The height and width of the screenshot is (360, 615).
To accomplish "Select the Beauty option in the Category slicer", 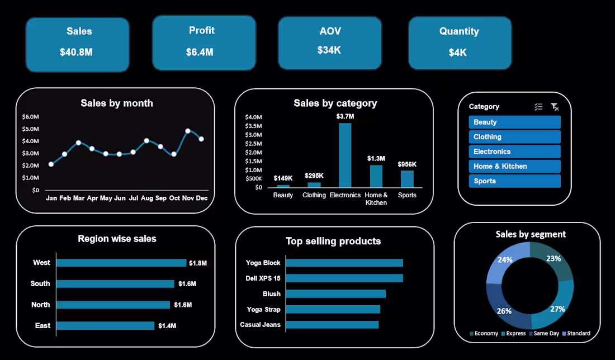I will point(514,122).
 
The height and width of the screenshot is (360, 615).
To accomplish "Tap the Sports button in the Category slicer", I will point(514,181).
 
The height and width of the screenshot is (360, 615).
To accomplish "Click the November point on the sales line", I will point(188,131).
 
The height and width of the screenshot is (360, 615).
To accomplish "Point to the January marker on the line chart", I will point(51,164).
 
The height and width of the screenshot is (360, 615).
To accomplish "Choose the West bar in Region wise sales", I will point(121,263).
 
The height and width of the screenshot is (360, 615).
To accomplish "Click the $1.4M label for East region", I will point(167,325).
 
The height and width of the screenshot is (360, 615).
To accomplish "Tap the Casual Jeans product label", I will point(261,325).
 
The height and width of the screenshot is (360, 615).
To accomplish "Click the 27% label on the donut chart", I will point(557,309).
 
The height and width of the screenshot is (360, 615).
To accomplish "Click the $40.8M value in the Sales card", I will point(77,53).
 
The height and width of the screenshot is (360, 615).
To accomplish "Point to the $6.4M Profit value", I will point(200,53).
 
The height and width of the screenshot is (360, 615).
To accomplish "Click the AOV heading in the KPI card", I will point(329,31).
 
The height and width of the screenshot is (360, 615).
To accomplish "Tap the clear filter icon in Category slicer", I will point(555,107).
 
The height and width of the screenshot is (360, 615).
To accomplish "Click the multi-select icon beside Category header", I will point(538,107).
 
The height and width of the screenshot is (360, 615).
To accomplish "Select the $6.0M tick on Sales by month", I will point(30,117).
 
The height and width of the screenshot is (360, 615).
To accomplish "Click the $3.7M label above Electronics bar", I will point(345,116).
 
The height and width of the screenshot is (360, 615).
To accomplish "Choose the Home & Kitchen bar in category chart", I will point(376,176).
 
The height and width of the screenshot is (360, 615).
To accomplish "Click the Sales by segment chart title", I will point(531,234).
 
